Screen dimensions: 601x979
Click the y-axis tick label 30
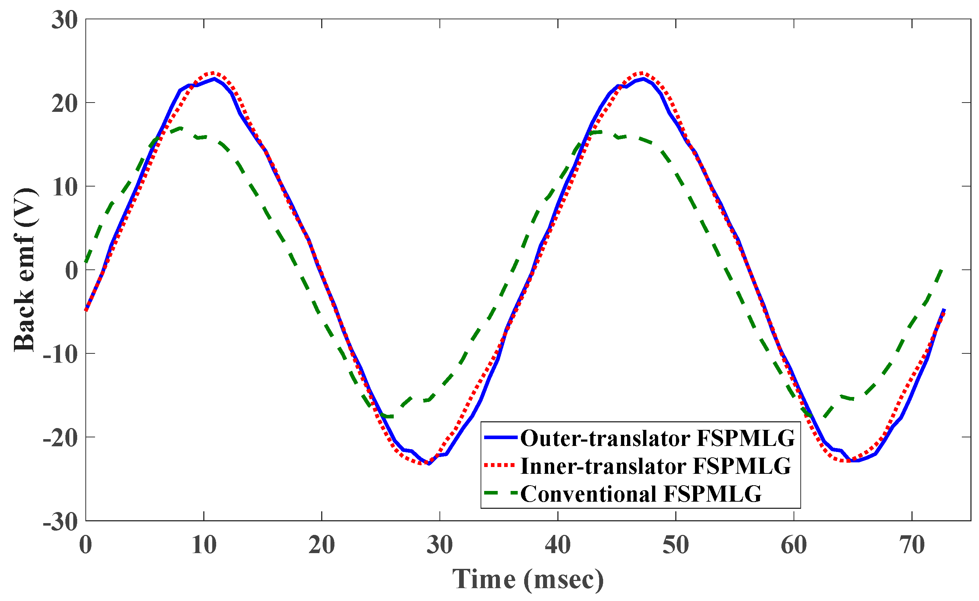click(x=64, y=20)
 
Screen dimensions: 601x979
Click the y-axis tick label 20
click(x=64, y=104)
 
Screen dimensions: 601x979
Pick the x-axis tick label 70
click(x=912, y=545)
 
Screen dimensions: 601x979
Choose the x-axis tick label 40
click(x=558, y=545)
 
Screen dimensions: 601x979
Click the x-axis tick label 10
click(x=204, y=545)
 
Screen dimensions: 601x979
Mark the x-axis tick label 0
click(x=85, y=545)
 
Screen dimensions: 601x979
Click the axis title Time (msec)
click(x=528, y=580)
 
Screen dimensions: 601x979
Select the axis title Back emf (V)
click(x=25, y=270)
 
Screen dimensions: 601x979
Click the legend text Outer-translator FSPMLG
click(x=657, y=438)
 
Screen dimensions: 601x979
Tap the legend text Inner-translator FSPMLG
click(x=656, y=466)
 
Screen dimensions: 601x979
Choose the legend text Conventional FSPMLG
click(x=641, y=494)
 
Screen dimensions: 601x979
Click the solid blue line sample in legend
click(x=501, y=437)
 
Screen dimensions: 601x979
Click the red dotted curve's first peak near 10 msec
click(x=213, y=73)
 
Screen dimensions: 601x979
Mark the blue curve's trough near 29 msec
click(x=429, y=463)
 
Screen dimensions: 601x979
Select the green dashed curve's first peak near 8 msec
click(x=181, y=128)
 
